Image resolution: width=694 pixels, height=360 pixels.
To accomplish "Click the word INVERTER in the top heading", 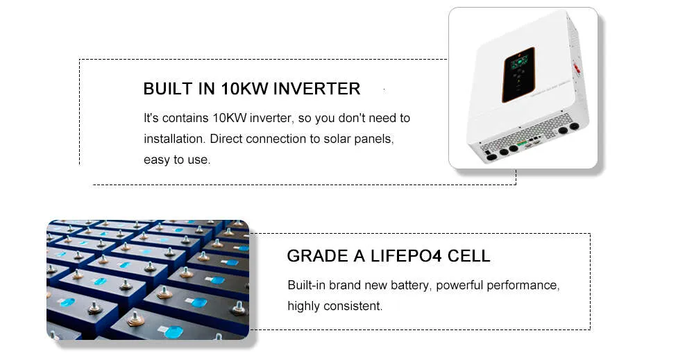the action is pyautogui.click(x=316, y=89).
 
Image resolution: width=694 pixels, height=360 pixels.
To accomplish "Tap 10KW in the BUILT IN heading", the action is pyautogui.click(x=244, y=89).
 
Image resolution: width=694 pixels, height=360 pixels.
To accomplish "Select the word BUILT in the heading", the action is pyautogui.click(x=168, y=89).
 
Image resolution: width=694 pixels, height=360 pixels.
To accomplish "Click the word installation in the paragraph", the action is pyautogui.click(x=174, y=139).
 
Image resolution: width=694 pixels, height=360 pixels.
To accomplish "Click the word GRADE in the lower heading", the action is pyautogui.click(x=317, y=256).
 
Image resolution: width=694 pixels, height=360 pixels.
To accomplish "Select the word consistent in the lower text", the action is pyautogui.click(x=353, y=306).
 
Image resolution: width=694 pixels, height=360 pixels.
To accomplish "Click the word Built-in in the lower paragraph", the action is pyautogui.click(x=306, y=285).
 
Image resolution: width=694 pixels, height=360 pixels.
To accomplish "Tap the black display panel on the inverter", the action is pyautogui.click(x=518, y=74).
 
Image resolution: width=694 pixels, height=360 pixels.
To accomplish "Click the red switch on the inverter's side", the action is pyautogui.click(x=577, y=69).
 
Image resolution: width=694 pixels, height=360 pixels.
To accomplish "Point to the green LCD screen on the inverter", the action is pyautogui.click(x=520, y=62).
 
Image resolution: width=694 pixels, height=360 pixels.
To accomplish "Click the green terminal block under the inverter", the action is pyautogui.click(x=523, y=144).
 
